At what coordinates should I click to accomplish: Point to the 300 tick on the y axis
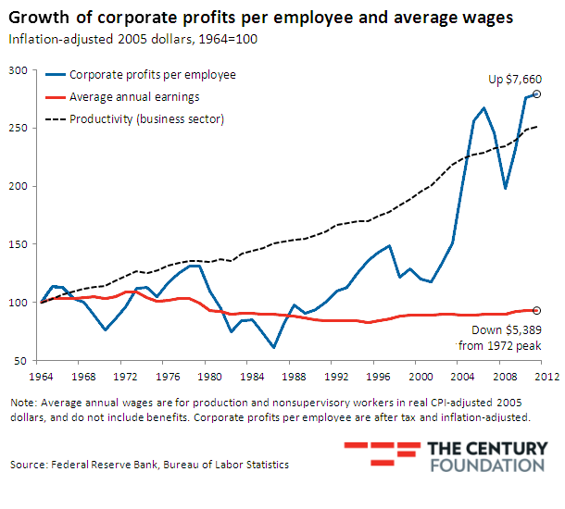click(18, 70)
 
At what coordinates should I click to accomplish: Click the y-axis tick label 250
click(18, 128)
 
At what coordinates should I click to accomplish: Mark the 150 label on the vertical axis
click(18, 244)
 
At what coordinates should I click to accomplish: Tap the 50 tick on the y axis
click(20, 360)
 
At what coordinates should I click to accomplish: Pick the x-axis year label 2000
click(421, 377)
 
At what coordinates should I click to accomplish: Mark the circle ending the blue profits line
click(537, 94)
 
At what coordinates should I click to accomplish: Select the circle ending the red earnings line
click(537, 310)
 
